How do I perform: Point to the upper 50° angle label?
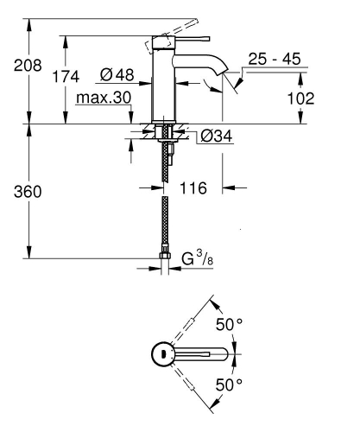pos(229,326)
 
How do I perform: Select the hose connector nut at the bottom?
pos(164,257)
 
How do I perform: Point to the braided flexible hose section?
pos(164,221)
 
